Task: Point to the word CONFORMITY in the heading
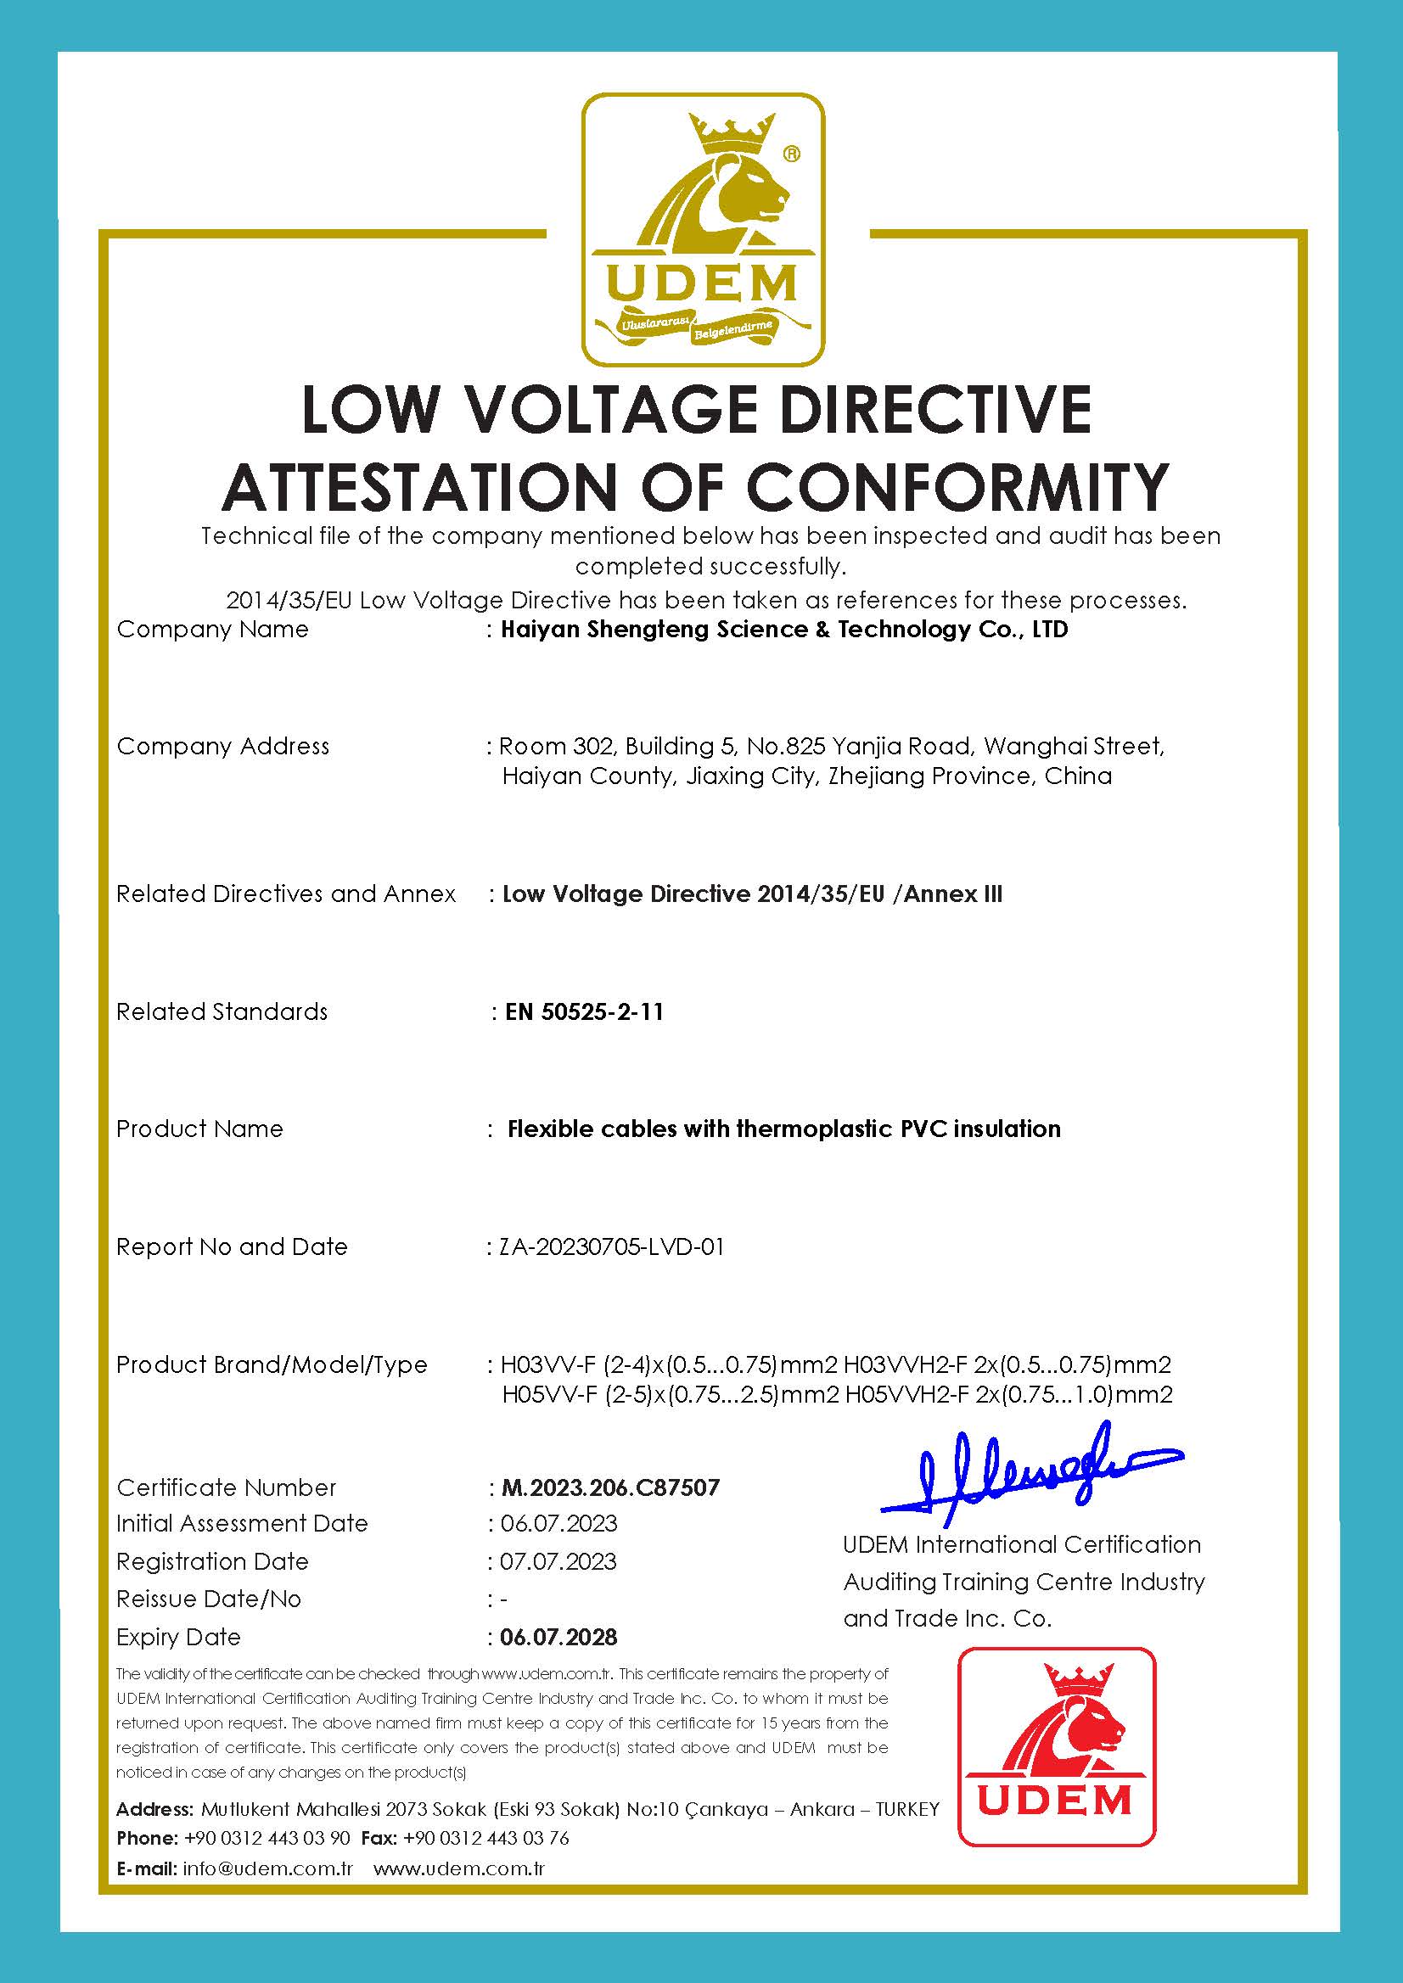pyautogui.click(x=957, y=487)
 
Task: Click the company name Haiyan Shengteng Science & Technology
pyautogui.click(x=783, y=629)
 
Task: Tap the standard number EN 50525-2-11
pyautogui.click(x=584, y=1011)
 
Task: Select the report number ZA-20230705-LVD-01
pyautogui.click(x=612, y=1246)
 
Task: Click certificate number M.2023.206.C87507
pyautogui.click(x=610, y=1487)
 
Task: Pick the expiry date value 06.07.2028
pyautogui.click(x=559, y=1637)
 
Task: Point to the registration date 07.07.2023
pyautogui.click(x=558, y=1561)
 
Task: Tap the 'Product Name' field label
pyautogui.click(x=199, y=1129)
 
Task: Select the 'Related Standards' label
pyautogui.click(x=222, y=1011)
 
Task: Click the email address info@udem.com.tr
pyautogui.click(x=268, y=1868)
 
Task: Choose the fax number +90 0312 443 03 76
pyautogui.click(x=485, y=1838)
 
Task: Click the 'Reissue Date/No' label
pyautogui.click(x=208, y=1599)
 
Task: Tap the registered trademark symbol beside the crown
pyautogui.click(x=790, y=154)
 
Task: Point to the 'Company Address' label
pyautogui.click(x=223, y=746)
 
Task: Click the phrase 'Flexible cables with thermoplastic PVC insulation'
pyautogui.click(x=783, y=1129)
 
